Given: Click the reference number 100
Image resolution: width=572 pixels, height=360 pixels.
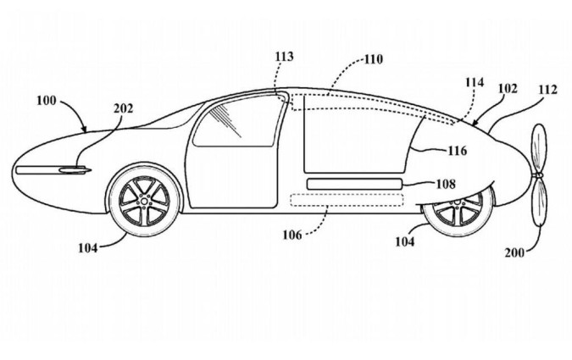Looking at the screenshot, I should [47, 100].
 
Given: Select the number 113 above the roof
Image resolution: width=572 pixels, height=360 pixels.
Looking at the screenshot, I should [284, 56].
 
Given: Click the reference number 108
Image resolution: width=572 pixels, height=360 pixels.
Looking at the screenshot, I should [445, 182].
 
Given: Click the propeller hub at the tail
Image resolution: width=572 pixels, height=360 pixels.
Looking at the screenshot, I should [537, 175].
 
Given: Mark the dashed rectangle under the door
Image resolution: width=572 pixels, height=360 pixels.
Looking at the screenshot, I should [347, 201].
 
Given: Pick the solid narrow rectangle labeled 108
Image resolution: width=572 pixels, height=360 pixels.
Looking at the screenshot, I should [354, 183].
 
